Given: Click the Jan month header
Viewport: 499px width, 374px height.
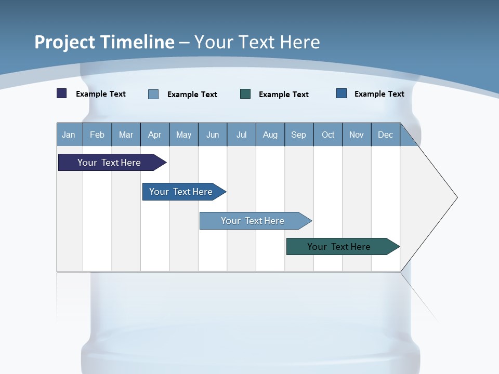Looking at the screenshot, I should coord(69,135).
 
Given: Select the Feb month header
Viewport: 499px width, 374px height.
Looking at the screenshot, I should coord(97,135).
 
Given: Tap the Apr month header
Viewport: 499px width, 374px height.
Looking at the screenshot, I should coord(154,135).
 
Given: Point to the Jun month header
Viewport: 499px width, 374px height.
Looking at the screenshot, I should coord(213,135).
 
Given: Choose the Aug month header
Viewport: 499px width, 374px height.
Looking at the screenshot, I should coord(270,135).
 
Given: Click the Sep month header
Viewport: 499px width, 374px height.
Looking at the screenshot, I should coord(298,135).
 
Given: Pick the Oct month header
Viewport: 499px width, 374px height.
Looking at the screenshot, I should coord(328,135).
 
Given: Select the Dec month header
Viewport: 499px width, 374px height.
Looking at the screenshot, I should coord(385,135).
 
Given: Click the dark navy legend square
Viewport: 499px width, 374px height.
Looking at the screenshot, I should coord(62,94).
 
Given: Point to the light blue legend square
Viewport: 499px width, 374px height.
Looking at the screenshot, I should coord(153,94).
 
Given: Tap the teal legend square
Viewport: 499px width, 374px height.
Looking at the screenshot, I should coord(245,94).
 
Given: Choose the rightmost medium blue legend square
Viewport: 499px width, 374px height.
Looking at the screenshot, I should coord(342,94).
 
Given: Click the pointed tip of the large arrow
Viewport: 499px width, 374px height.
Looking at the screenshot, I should coord(456,197).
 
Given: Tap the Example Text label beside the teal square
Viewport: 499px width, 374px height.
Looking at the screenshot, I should coord(284,95).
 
